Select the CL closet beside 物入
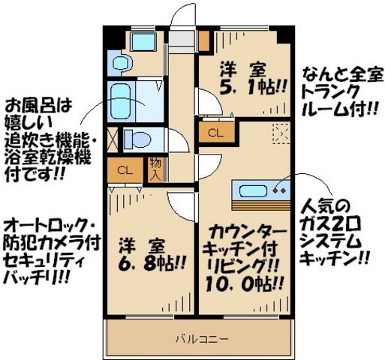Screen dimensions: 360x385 125,169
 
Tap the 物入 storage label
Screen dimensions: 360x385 155,169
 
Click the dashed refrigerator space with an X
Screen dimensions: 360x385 281,134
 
